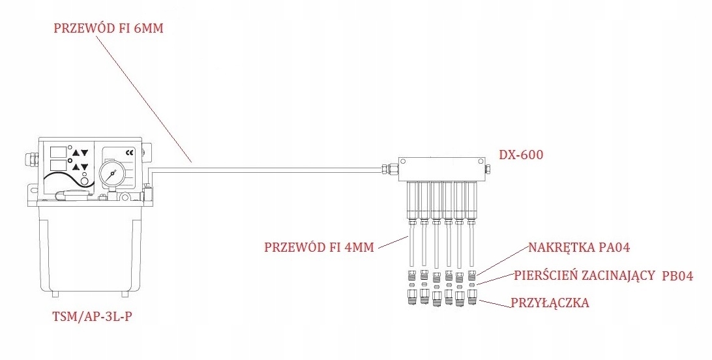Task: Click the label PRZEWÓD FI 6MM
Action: (108, 30)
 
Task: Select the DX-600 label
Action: (521, 155)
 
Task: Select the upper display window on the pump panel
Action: (58, 151)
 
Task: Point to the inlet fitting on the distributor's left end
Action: (390, 169)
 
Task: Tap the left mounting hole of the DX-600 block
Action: (402, 160)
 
